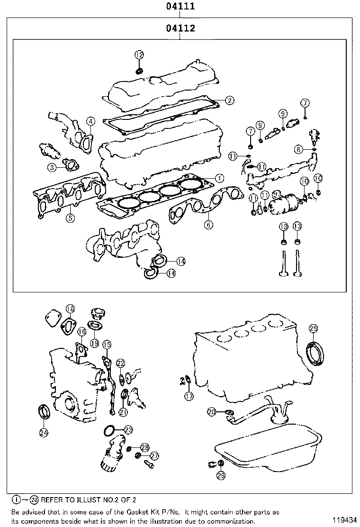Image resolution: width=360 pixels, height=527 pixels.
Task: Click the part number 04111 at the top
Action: point(180,7)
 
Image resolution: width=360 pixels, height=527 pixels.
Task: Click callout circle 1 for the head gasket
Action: point(219,178)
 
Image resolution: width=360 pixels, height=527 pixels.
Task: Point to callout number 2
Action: point(229,100)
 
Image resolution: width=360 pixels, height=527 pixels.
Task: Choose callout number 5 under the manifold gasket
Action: point(70,218)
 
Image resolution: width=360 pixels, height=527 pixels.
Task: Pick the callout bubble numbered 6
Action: point(208,225)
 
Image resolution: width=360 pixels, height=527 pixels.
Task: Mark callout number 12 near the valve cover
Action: point(139,55)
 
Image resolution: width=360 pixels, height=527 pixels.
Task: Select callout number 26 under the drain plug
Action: point(221,475)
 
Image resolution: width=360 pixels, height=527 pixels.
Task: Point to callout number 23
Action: point(128,429)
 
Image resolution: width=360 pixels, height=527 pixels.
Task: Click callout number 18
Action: point(70,309)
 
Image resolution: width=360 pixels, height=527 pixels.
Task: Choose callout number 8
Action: point(298,149)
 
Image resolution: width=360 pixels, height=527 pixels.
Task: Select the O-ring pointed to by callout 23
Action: point(109,431)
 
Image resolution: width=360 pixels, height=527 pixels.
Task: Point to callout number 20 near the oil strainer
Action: point(211,411)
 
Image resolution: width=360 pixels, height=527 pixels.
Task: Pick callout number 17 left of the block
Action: point(189,396)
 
